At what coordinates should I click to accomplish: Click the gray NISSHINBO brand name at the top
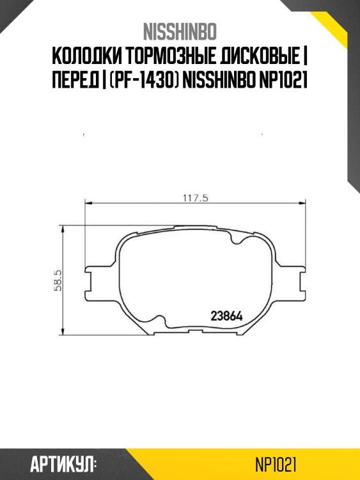(180, 31)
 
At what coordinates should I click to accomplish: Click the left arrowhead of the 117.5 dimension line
(88, 204)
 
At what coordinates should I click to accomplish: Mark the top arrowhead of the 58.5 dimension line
(62, 233)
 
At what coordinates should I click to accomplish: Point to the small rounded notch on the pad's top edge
(236, 237)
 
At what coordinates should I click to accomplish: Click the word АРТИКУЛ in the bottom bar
(63, 463)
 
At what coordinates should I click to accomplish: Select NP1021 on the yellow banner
(275, 463)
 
